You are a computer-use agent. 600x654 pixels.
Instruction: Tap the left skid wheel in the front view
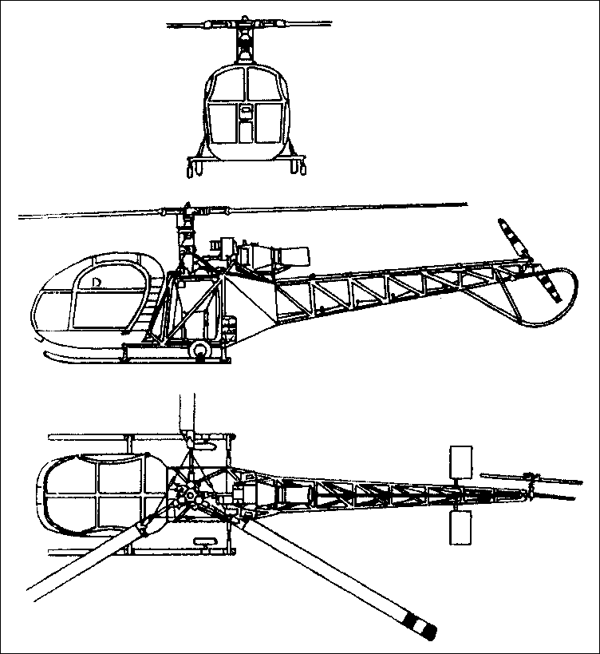coord(193,167)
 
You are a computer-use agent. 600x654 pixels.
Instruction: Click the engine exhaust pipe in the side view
coord(294,256)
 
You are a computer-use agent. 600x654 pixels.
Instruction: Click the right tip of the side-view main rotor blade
coord(463,205)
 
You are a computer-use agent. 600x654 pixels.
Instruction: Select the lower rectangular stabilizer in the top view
coord(462,529)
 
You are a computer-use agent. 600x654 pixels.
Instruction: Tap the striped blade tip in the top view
coord(422,624)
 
